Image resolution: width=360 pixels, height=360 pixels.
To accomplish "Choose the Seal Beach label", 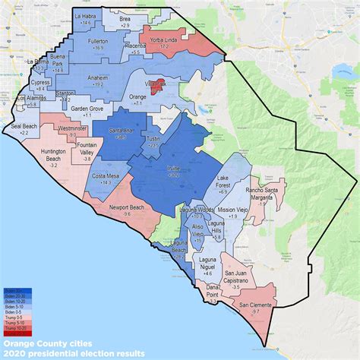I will pyautogui.click(x=18, y=126).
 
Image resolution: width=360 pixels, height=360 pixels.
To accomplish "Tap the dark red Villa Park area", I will pyautogui.click(x=156, y=87).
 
